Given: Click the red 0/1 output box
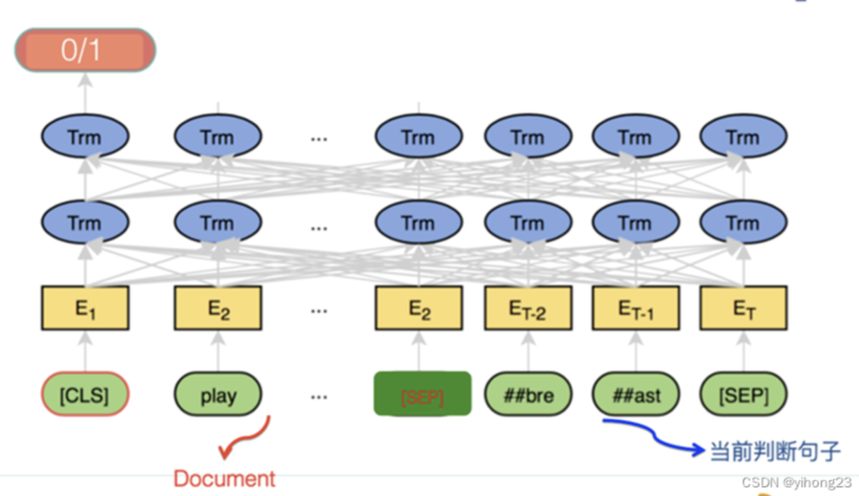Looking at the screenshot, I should coord(85,50).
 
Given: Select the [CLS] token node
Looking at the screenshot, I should coord(85,394).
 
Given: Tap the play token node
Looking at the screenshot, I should coord(218,394).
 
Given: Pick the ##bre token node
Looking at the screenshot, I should coord(528,394).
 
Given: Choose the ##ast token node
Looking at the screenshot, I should coord(635,394).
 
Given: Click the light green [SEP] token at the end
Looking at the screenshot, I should coord(743,394).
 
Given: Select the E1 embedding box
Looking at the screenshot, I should coord(85,308).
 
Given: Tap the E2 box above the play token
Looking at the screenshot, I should coord(218,308).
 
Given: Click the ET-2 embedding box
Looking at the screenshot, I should coord(528,308).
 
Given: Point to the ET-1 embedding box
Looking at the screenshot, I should coord(635,308).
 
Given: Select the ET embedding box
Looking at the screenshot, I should coord(743,308).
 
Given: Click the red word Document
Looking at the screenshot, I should coord(224,479).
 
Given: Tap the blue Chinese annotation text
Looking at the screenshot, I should coord(774,451).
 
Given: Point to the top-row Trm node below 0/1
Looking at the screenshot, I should coord(85,137).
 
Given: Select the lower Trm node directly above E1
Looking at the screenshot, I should coord(85,222).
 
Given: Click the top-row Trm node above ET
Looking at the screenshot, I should coord(743,137).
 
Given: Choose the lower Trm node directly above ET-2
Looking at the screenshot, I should coord(528,222).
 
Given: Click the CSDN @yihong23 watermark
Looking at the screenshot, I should coord(796,483).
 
